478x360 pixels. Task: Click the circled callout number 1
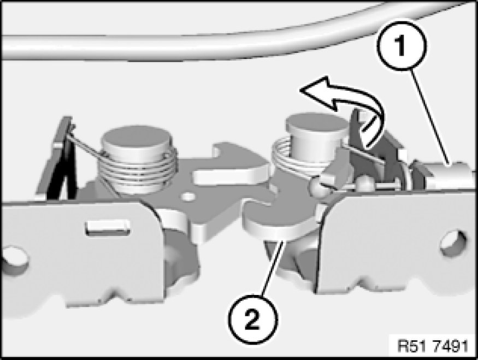point(402,46)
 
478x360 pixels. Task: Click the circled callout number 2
point(253,319)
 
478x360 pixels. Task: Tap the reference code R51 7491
point(433,346)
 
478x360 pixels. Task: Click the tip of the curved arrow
point(300,90)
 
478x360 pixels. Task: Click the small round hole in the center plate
point(188,196)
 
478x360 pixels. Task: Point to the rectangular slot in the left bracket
point(107,227)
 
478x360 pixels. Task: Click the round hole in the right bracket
point(453,243)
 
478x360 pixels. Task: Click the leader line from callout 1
point(430,117)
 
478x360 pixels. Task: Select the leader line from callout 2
point(272,268)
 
